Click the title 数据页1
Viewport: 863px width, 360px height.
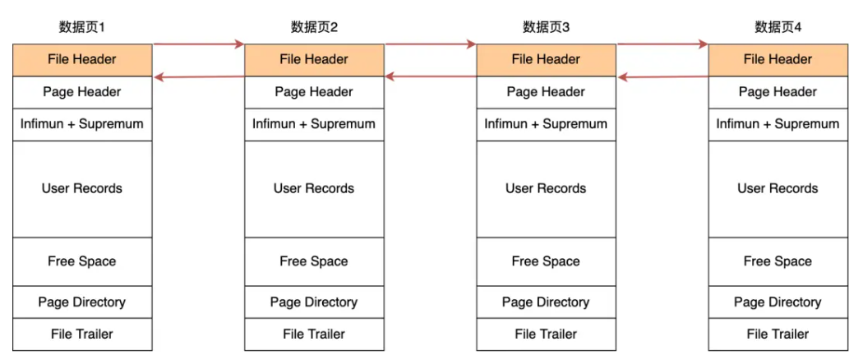pyautogui.click(x=82, y=27)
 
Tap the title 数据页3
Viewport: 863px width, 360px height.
pyautogui.click(x=546, y=27)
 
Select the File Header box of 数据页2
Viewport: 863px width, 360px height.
pyautogui.click(x=314, y=59)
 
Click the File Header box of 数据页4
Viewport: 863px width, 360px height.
pyautogui.click(x=778, y=59)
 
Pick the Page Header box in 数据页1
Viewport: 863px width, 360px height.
pyautogui.click(x=82, y=92)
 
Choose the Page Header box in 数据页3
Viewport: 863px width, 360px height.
pyautogui.click(x=546, y=92)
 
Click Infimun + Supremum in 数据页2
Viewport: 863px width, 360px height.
pyautogui.click(x=314, y=124)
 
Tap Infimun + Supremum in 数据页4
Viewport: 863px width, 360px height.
pyautogui.click(x=778, y=124)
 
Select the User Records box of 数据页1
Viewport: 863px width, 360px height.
pyautogui.click(x=82, y=189)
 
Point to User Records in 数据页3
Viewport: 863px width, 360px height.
pyautogui.click(x=546, y=189)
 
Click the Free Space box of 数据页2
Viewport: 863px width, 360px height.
pyautogui.click(x=314, y=261)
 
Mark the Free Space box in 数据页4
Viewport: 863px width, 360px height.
pyautogui.click(x=778, y=261)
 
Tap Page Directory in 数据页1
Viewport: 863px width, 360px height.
pyautogui.click(x=82, y=302)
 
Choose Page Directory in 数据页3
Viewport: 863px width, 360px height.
pyautogui.click(x=546, y=302)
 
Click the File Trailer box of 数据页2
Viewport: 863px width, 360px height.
pyautogui.click(x=314, y=334)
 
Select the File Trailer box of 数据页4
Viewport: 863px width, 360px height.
pyautogui.click(x=778, y=334)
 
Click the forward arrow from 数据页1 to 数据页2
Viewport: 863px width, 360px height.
pyautogui.click(x=198, y=44)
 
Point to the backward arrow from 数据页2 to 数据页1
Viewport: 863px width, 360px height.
pyautogui.click(x=198, y=77)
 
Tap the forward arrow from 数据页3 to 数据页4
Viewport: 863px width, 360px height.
pyautogui.click(x=662, y=44)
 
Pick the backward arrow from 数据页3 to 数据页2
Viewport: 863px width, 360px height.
pyautogui.click(x=431, y=77)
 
